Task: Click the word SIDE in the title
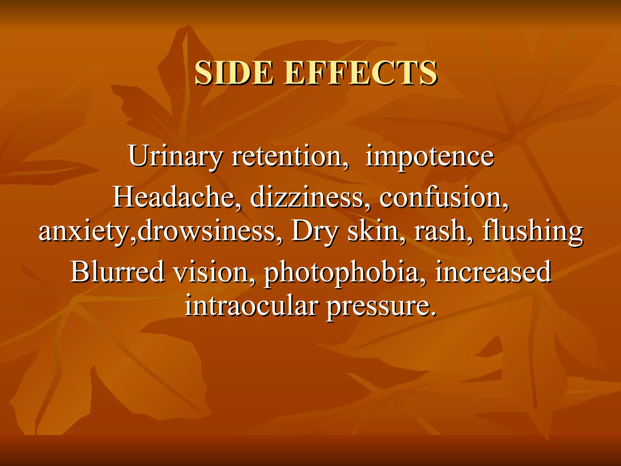coord(233,73)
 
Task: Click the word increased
coord(493,272)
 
